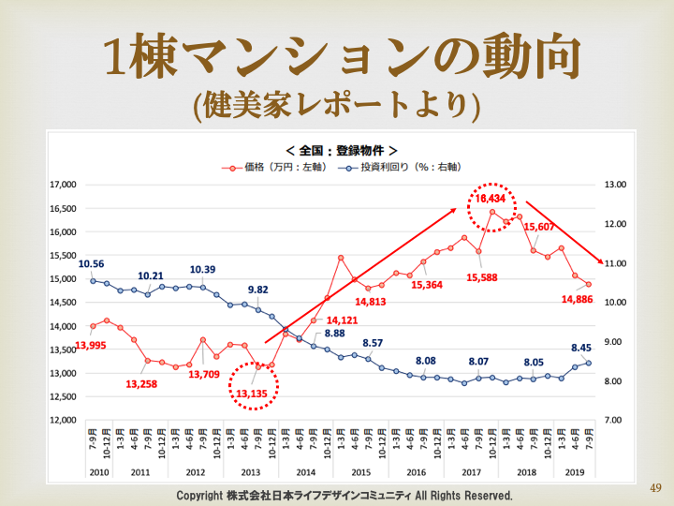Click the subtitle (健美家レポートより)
coord(337,103)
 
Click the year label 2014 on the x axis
coord(305,473)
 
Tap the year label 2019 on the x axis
coord(575,473)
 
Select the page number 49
coord(654,487)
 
